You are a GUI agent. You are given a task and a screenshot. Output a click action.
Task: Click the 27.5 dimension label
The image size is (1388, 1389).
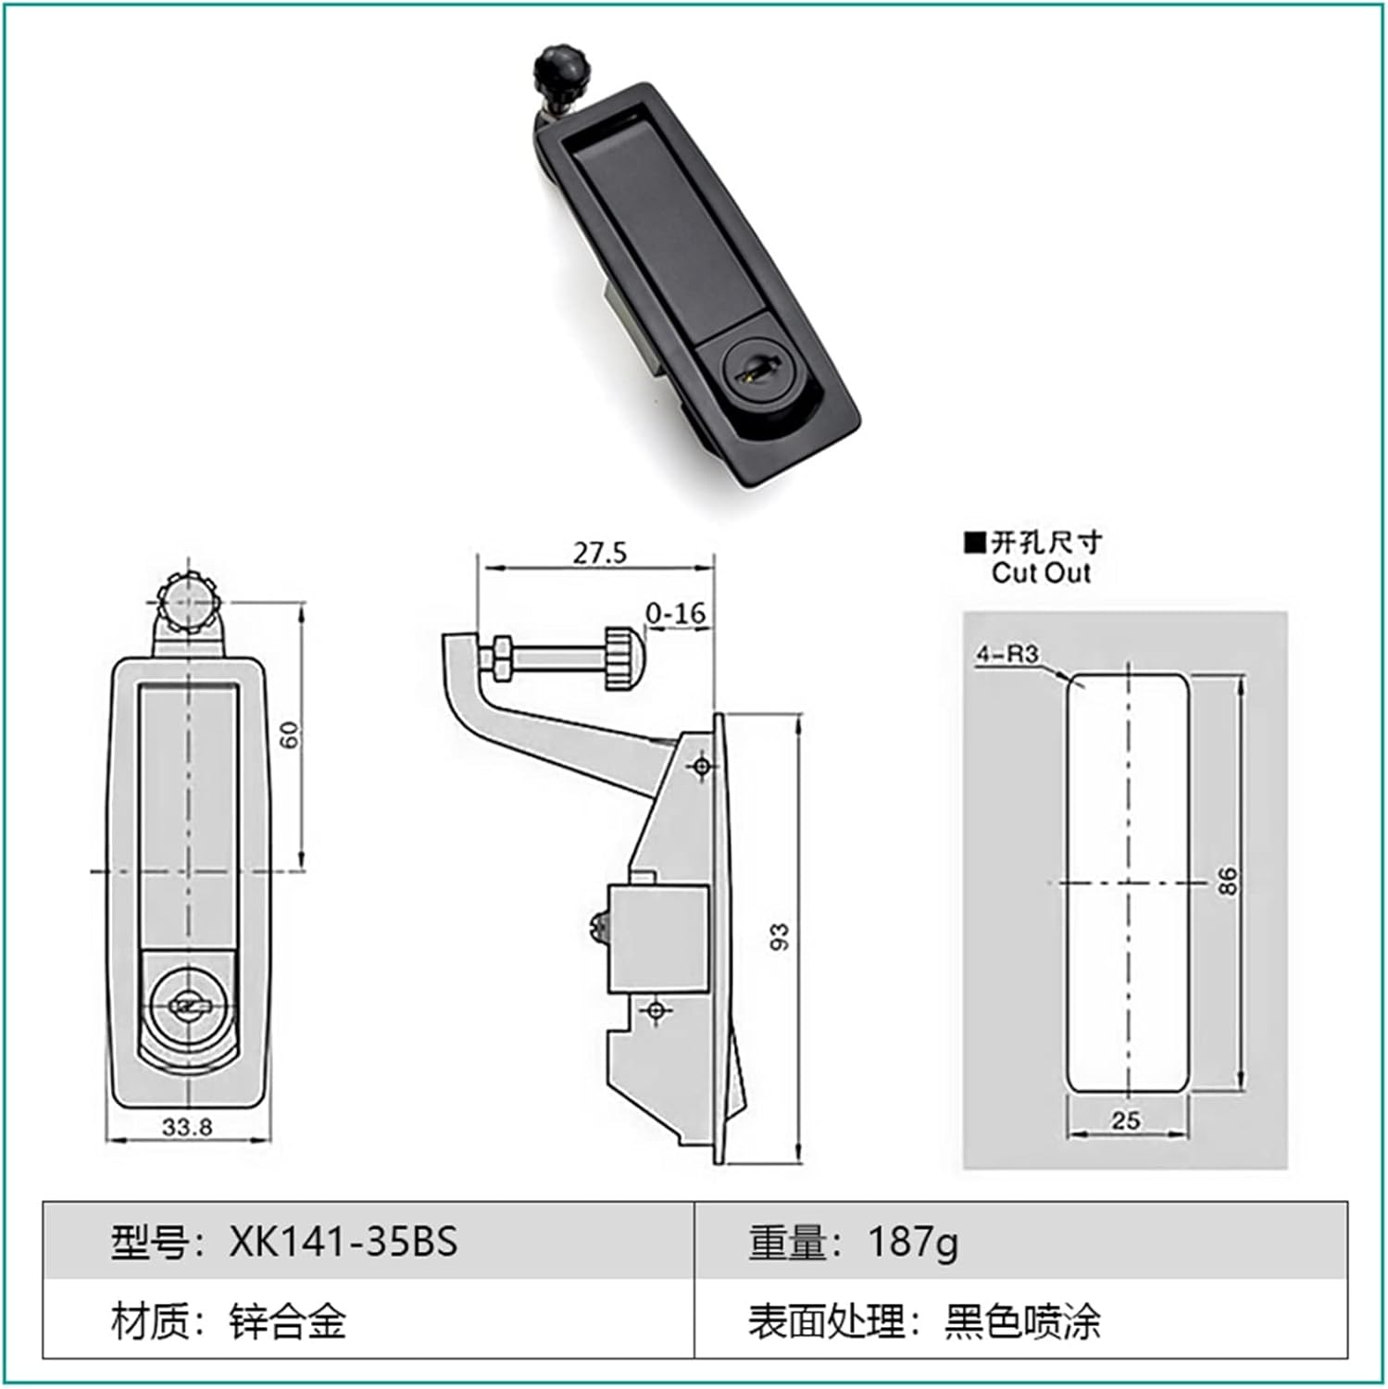(x=599, y=553)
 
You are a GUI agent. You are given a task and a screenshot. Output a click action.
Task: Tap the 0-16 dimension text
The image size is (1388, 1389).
(x=675, y=613)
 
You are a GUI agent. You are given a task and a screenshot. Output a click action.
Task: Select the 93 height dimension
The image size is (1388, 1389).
(x=780, y=936)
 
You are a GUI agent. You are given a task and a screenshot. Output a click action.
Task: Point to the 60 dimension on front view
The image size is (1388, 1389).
(x=290, y=735)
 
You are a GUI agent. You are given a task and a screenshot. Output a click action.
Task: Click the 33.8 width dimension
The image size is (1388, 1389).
(x=187, y=1127)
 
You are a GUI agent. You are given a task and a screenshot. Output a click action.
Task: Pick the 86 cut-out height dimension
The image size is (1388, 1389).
(x=1227, y=880)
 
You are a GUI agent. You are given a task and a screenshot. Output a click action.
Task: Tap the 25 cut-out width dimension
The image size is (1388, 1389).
(x=1125, y=1120)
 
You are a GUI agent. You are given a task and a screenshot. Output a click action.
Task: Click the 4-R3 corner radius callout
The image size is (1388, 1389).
(x=1007, y=654)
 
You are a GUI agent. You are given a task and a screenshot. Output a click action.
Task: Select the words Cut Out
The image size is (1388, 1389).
(x=1041, y=573)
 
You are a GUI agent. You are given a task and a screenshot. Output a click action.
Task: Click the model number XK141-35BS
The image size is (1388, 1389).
(x=343, y=1242)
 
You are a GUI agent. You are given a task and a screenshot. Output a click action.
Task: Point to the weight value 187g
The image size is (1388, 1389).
(x=912, y=1242)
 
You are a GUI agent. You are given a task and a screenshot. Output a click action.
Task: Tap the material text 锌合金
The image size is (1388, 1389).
(x=288, y=1320)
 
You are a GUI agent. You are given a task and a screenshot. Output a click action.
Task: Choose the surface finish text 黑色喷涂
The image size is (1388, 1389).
(x=1022, y=1320)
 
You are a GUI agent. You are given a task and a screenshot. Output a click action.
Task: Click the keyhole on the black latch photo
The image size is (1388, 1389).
(x=747, y=372)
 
